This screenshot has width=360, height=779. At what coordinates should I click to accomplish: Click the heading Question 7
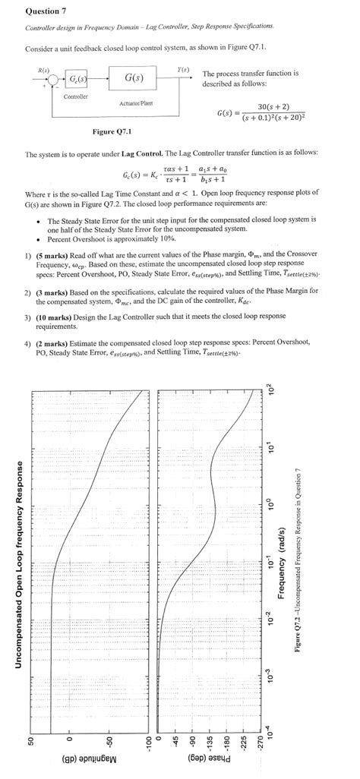[x=45, y=11]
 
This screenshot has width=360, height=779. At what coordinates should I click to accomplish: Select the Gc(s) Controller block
[x=77, y=80]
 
